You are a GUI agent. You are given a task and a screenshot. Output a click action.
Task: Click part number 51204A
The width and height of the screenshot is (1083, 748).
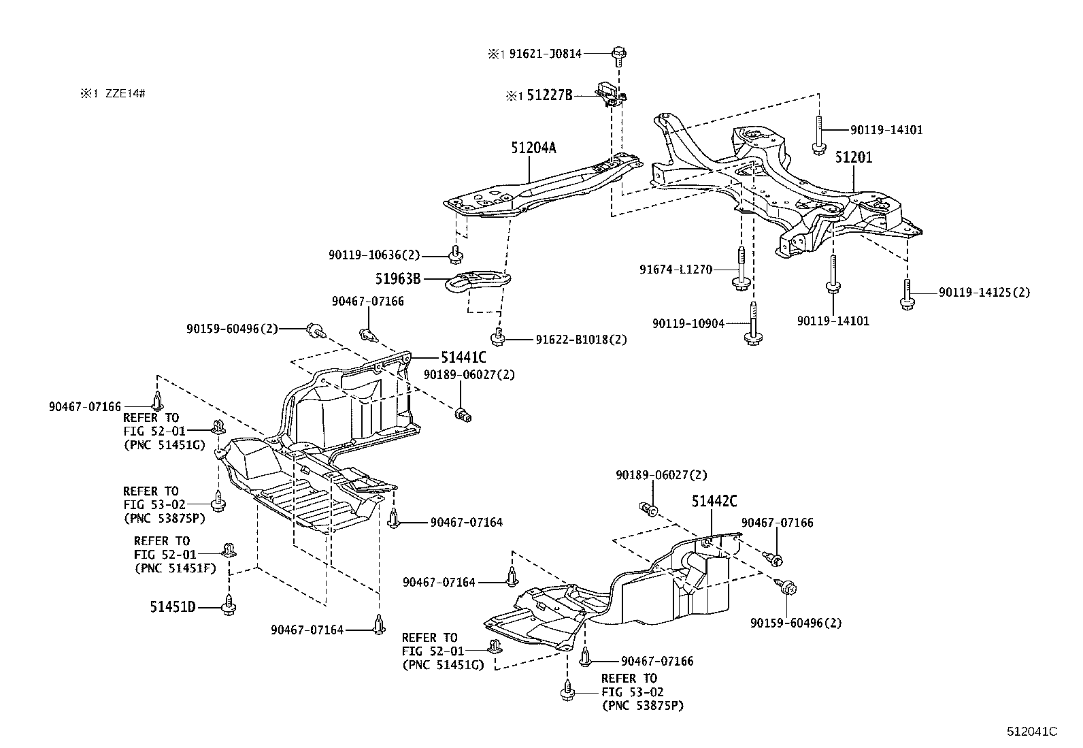[533, 148]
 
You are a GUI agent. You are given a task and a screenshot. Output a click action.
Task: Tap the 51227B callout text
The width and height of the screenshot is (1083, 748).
[548, 97]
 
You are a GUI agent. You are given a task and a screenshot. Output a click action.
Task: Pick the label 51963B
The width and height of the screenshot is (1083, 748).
[398, 279]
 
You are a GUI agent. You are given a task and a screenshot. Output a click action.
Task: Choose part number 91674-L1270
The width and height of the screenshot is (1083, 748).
[676, 270]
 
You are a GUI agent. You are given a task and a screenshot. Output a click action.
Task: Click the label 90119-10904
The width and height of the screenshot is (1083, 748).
[688, 323]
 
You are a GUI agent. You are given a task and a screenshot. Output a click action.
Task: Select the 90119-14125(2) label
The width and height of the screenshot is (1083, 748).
[984, 293]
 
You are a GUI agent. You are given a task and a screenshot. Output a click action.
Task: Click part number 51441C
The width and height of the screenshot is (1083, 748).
[463, 357]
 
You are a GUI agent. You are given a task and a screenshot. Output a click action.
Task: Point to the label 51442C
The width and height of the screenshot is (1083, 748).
[714, 502]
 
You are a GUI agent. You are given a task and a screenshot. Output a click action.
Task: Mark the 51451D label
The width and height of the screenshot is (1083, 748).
[173, 606]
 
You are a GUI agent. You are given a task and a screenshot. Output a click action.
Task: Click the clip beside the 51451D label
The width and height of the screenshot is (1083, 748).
[229, 605]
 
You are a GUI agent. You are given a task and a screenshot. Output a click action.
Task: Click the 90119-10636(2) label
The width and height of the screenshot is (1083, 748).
[374, 255]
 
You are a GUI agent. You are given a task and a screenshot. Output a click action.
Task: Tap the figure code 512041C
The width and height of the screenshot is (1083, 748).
[1032, 731]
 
